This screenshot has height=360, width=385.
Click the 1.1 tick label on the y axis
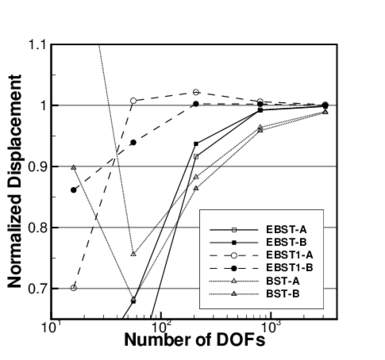36,45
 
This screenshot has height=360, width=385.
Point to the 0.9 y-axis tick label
36,167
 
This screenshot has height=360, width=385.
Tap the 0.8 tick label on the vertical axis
36,228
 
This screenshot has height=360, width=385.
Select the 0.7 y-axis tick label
36,289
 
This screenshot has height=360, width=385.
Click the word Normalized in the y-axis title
16,228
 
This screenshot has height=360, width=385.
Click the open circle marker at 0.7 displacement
74,288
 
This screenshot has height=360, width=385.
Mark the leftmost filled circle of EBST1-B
74,190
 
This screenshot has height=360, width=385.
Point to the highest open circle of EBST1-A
196,92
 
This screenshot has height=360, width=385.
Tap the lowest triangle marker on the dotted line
134,254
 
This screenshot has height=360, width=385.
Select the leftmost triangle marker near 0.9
74,167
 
